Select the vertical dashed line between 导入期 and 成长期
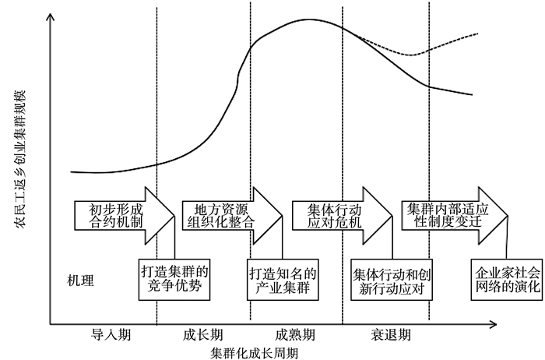pyautogui.click(x=156, y=117)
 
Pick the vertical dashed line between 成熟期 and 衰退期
pyautogui.click(x=343, y=117)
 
